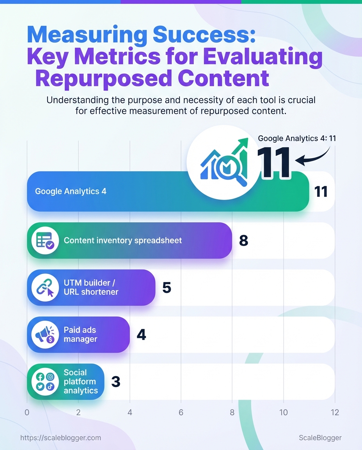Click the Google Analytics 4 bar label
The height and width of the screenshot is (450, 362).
[x=71, y=191]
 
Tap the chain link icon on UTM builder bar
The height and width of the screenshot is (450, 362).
[x=45, y=287]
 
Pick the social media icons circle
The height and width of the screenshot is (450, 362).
[x=45, y=382]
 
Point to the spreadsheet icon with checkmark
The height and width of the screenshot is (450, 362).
[x=45, y=240]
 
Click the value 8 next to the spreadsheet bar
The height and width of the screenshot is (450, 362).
[x=243, y=241]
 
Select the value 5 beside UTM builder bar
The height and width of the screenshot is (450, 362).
[x=167, y=288]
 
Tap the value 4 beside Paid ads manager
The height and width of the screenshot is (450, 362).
[x=141, y=335]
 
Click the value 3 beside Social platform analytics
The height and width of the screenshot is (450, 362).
[x=115, y=382]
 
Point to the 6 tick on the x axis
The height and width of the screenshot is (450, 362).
[x=181, y=412]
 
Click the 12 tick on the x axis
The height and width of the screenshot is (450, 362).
[x=334, y=412]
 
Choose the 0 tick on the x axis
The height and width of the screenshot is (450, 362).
[x=27, y=412]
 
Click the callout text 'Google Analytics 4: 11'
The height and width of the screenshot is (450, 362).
[x=297, y=138]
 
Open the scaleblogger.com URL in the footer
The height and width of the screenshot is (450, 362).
[x=60, y=438]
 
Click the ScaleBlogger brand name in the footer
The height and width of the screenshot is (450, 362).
[x=320, y=438]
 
